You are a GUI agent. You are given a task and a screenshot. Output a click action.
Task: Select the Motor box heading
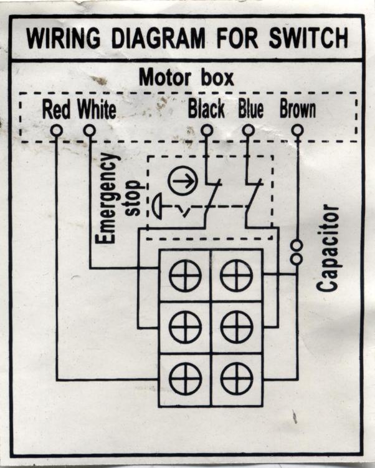(186, 79)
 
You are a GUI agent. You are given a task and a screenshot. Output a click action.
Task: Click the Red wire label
(56, 110)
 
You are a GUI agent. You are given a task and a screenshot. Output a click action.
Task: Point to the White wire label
(97, 110)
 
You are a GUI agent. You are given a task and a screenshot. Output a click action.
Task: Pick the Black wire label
(206, 110)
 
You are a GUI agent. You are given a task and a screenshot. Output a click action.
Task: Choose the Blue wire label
(250, 110)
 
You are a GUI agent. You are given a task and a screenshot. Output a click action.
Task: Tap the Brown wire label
(297, 110)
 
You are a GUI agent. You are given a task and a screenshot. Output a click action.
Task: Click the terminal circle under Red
(57, 130)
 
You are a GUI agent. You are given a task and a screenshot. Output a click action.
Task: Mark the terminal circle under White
(90, 130)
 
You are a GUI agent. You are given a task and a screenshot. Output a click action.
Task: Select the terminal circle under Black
(207, 130)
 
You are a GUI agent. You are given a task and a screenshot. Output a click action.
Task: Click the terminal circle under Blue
(248, 130)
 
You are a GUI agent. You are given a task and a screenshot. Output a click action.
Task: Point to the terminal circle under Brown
(298, 130)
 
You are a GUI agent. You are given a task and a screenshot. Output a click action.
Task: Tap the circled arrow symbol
(183, 180)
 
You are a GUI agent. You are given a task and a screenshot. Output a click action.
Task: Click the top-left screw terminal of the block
(185, 275)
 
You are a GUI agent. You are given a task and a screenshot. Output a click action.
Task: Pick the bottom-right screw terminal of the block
(237, 379)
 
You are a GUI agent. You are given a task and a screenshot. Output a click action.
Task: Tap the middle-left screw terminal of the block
(185, 327)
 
